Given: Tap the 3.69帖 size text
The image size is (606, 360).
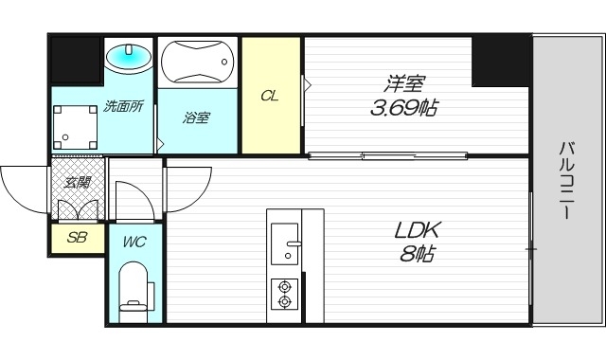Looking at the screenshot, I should click(x=402, y=106).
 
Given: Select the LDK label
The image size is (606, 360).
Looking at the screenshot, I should click(x=418, y=230).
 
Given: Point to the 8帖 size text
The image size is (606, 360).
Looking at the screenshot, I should click(x=418, y=254).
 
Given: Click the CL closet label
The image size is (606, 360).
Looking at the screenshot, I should click(x=270, y=96).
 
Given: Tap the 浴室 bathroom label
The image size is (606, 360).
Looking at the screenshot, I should click(x=196, y=117).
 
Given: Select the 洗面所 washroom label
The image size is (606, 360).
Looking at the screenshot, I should click(x=123, y=107).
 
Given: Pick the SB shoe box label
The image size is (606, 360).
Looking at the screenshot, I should click(x=77, y=237).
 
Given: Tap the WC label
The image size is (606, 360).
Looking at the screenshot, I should click(x=134, y=241).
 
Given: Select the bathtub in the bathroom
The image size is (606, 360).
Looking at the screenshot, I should click(x=197, y=64).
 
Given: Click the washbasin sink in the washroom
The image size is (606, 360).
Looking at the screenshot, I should click(x=127, y=58).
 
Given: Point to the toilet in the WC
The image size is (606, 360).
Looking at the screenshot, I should click(x=134, y=289).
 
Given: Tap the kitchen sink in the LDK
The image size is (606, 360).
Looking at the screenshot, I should click(x=284, y=243).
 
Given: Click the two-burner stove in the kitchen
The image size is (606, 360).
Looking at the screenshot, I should click(x=284, y=294).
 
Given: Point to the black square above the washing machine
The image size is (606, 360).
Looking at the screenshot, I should click(x=75, y=60).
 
